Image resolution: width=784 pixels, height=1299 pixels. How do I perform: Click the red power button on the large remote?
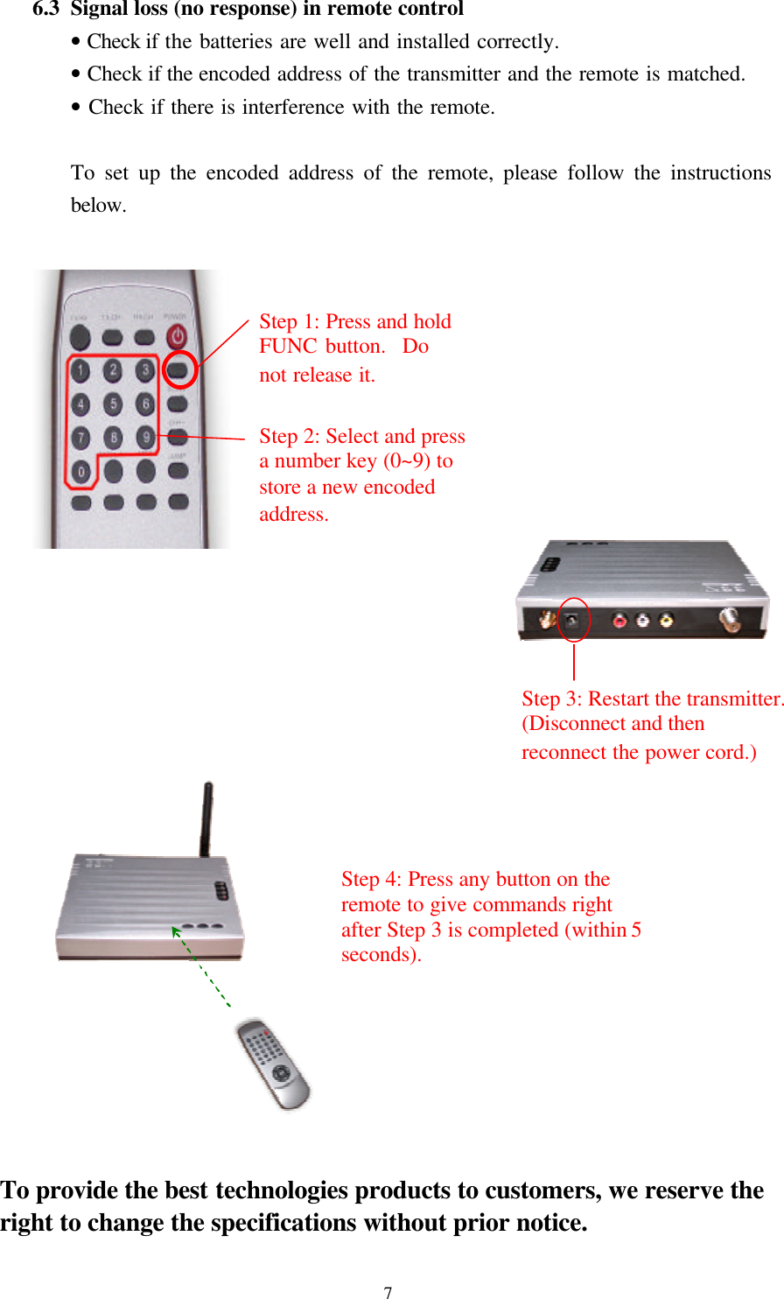click(x=178, y=336)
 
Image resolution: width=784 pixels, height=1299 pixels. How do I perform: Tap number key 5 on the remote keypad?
click(x=113, y=404)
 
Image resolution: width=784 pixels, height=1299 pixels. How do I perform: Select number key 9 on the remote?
click(x=145, y=437)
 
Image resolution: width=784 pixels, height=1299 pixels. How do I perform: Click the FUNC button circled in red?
click(x=178, y=370)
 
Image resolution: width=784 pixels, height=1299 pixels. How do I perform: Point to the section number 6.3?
click(x=45, y=10)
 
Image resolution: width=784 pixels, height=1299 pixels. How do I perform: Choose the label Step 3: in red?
click(x=551, y=699)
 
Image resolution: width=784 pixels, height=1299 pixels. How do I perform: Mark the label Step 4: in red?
click(x=371, y=880)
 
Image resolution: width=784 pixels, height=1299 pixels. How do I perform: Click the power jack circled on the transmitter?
click(x=573, y=621)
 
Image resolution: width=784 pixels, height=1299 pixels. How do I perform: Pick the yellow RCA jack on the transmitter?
click(x=667, y=621)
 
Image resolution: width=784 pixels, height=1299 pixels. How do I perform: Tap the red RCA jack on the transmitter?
click(x=620, y=621)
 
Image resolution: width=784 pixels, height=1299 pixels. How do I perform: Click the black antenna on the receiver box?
click(x=206, y=818)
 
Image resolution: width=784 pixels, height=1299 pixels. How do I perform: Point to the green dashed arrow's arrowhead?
click(x=175, y=930)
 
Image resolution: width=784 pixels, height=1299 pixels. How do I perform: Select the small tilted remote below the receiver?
click(x=274, y=1064)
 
